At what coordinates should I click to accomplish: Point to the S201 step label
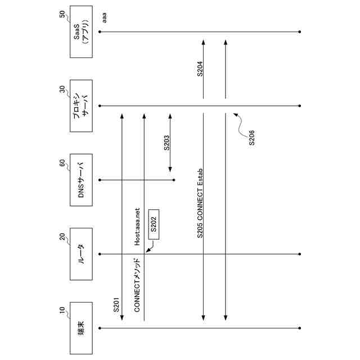click(116, 303)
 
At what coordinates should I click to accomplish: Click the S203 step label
click(166, 143)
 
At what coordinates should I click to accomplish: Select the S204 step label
click(200, 70)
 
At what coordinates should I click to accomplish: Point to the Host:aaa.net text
click(137, 226)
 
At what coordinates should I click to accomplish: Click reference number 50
click(62, 16)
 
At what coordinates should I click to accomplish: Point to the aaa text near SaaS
click(104, 20)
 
